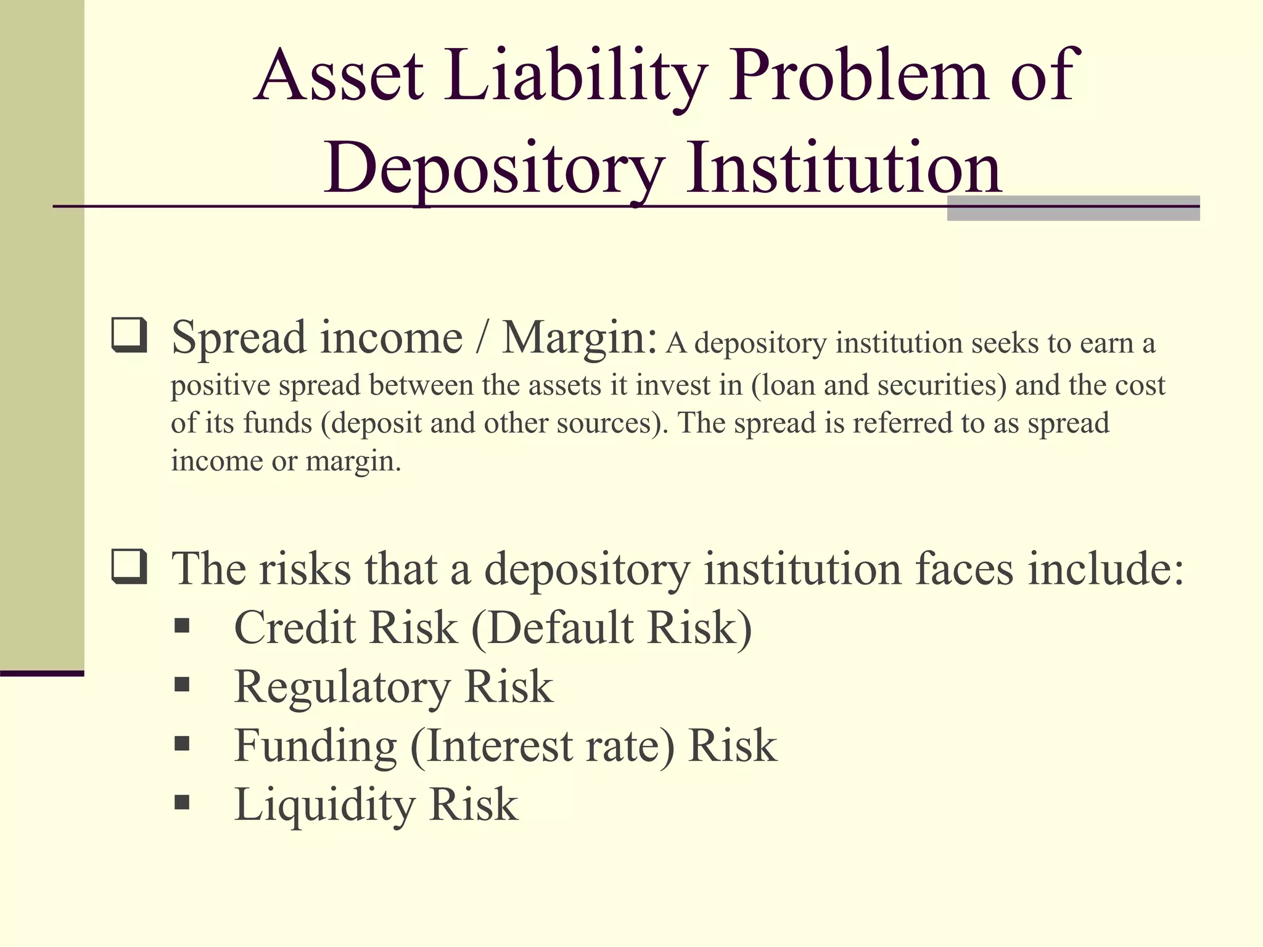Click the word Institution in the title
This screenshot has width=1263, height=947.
pyautogui.click(x=844, y=168)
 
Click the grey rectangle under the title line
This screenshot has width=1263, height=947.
pyautogui.click(x=1073, y=213)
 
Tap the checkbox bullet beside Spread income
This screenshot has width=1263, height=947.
pyautogui.click(x=129, y=335)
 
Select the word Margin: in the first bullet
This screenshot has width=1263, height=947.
pyautogui.click(x=579, y=338)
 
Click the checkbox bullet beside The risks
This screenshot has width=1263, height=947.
pyautogui.click(x=129, y=566)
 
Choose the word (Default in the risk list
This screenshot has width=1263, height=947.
pyautogui.click(x=553, y=628)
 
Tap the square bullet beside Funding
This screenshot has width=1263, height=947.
pyautogui.click(x=182, y=743)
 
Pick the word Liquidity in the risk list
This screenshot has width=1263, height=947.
pyautogui.click(x=324, y=805)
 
